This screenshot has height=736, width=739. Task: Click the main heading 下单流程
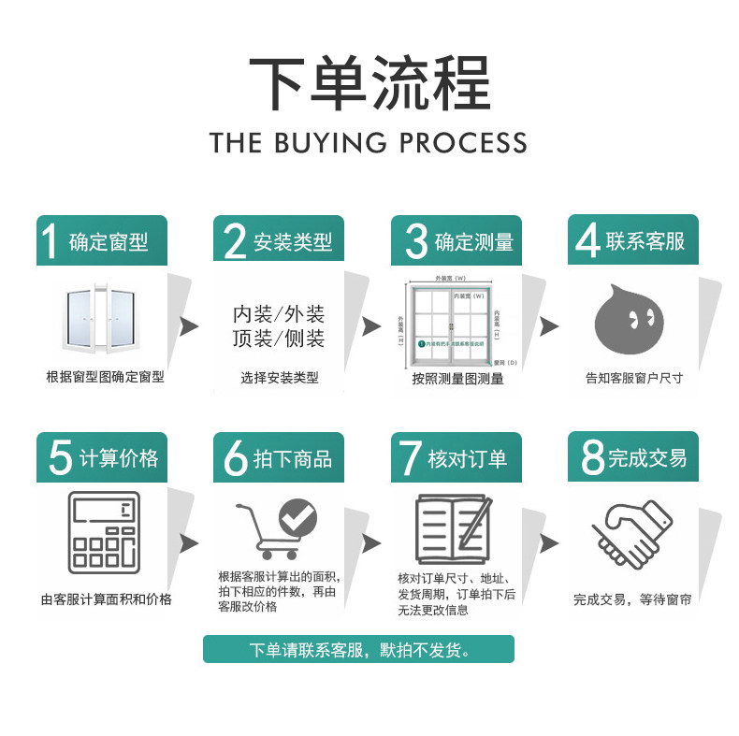(369, 85)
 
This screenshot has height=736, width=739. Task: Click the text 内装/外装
(279, 313)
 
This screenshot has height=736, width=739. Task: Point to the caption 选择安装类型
(279, 378)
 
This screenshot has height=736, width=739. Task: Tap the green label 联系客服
(645, 241)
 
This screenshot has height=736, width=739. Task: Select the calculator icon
(104, 534)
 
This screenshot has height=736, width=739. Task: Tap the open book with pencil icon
(453, 529)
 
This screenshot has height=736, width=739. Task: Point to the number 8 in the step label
(592, 457)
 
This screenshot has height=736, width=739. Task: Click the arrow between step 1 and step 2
(189, 326)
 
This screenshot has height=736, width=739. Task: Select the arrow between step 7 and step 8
(550, 543)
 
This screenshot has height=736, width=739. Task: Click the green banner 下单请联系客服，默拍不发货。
(358, 649)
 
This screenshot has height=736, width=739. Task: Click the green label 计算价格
(118, 458)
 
